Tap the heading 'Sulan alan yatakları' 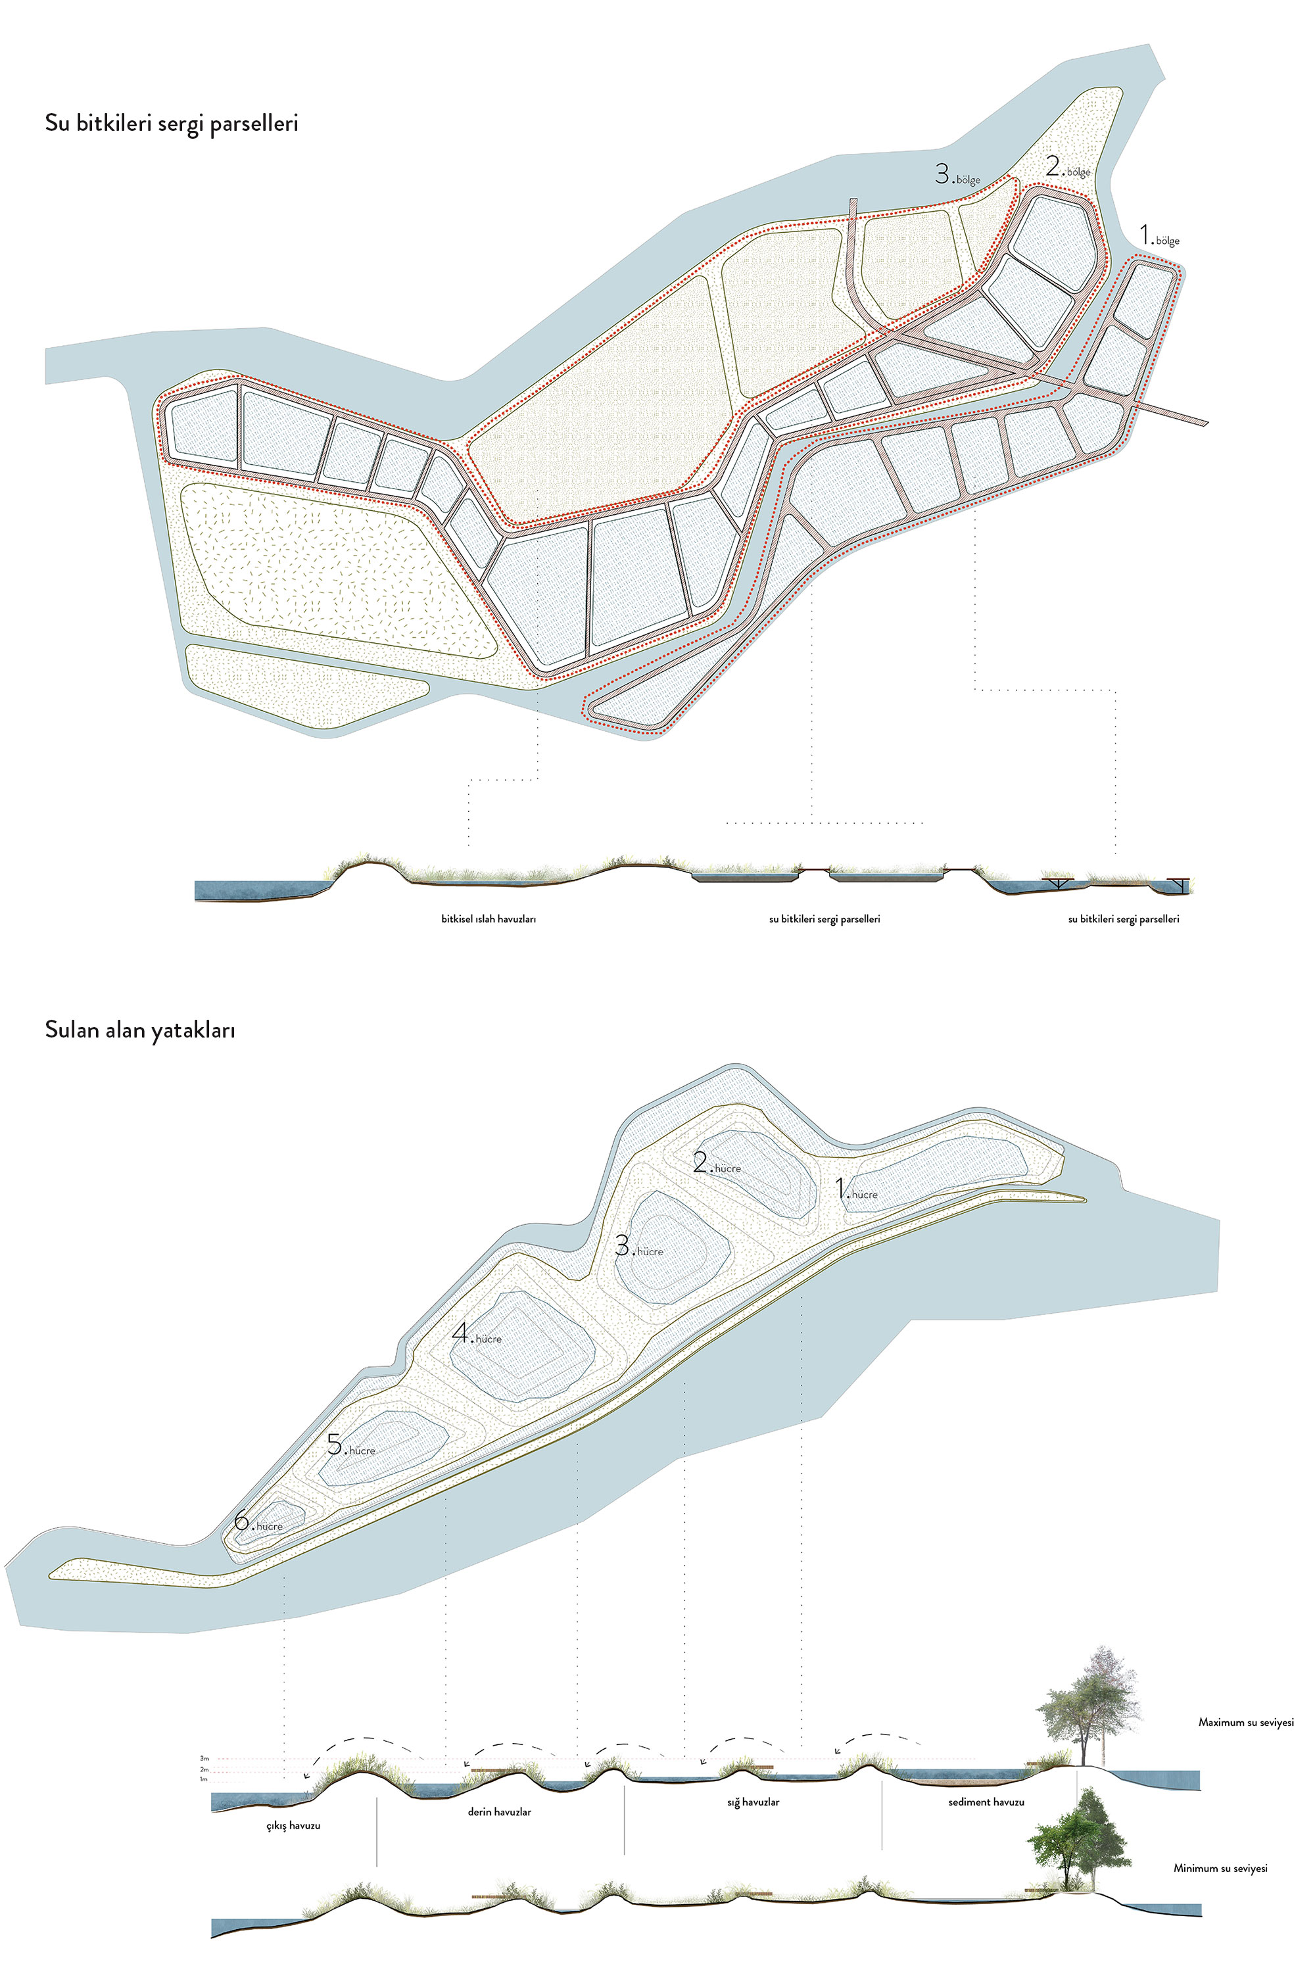pos(139,1030)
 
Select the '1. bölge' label pos(1159,237)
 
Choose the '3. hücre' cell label pos(638,1247)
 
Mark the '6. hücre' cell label pos(258,1521)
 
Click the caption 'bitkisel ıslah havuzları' pos(488,919)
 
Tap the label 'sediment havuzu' pos(986,1802)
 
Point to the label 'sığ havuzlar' pos(752,1802)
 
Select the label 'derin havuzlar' pos(499,1812)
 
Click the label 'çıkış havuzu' pos(293,1825)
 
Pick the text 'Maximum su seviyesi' pos(1245,1723)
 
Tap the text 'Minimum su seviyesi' pos(1220,1868)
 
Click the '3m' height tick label pos(204,1758)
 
